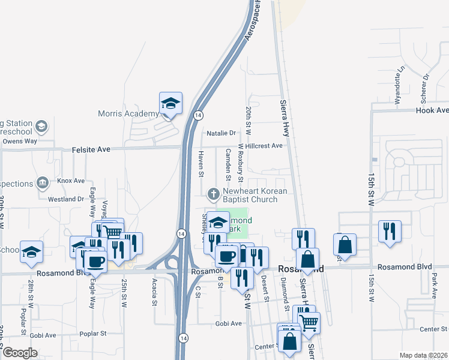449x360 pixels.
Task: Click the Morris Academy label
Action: (127, 113)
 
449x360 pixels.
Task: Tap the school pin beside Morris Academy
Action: (170, 103)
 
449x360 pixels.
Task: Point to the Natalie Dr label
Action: (222, 133)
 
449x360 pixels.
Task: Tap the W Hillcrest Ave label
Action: (261, 146)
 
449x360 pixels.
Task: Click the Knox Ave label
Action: (71, 181)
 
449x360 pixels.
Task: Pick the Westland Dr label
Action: (66, 199)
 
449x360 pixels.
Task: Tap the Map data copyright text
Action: (423, 355)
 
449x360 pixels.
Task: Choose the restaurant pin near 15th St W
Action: (390, 232)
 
